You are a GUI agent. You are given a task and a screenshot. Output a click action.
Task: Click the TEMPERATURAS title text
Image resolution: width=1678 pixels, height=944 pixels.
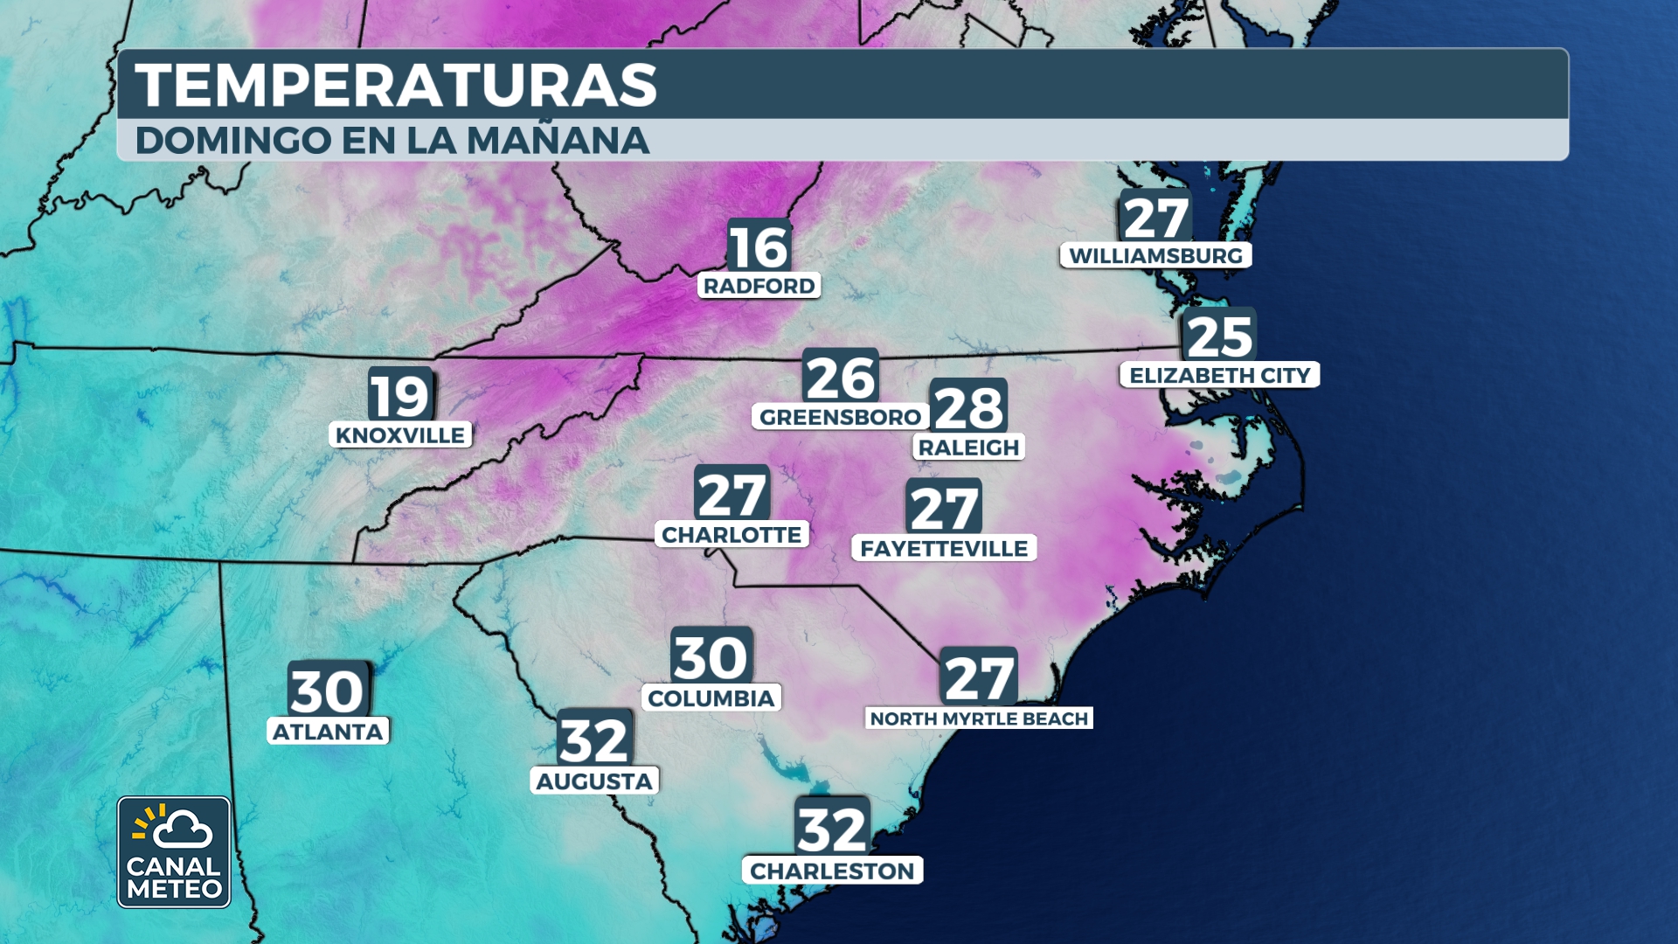pos(395,86)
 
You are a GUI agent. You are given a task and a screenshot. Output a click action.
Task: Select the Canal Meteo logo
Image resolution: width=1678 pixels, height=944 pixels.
pos(174,852)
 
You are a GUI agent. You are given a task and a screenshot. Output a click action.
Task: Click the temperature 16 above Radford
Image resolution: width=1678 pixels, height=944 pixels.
pos(759,247)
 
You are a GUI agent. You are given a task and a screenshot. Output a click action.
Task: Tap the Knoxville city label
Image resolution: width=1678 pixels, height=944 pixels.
pos(400,435)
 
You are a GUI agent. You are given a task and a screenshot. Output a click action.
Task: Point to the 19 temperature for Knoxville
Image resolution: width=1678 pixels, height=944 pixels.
pos(400,396)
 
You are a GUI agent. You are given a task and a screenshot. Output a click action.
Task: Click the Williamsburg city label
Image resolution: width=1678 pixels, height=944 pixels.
pos(1155,256)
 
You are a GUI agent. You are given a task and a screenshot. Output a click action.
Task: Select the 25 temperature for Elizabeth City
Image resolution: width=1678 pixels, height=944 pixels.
pos(1219,337)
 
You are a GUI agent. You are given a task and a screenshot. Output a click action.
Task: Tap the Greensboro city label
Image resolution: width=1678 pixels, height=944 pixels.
pos(840,417)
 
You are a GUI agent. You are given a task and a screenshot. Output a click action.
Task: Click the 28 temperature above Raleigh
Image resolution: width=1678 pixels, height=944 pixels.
pos(968,407)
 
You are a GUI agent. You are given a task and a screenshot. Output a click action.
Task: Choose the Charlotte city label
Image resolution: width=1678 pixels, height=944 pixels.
pos(732,535)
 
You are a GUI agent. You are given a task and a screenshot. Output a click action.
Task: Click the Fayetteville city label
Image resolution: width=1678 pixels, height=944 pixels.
pos(944,549)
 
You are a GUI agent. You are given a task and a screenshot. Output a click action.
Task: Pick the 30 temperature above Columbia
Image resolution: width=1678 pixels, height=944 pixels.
pos(711,657)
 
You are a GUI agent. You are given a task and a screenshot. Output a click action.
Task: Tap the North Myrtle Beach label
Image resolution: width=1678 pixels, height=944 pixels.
pos(979,718)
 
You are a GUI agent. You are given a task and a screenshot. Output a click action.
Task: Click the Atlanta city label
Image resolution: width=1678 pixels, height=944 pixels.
pos(328,732)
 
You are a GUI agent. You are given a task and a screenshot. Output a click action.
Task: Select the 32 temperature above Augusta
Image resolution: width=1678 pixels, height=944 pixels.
pos(594,741)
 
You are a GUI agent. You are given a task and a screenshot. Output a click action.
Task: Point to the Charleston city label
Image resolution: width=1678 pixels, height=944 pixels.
pos(832,871)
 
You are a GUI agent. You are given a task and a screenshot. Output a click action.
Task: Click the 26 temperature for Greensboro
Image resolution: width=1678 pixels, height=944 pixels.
pos(840,378)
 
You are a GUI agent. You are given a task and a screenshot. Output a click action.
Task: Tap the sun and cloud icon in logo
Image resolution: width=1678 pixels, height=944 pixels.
pos(173,828)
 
